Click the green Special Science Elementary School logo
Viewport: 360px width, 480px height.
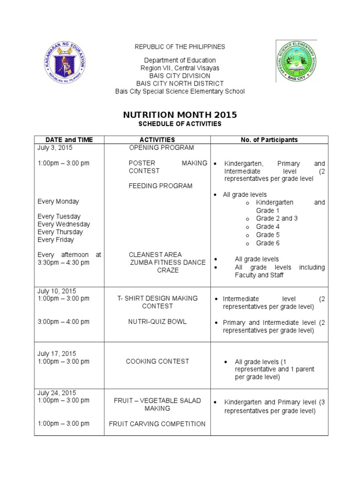pos(295,61)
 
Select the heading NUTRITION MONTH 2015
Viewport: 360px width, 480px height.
pos(180,115)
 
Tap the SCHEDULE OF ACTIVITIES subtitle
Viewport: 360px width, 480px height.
pos(180,124)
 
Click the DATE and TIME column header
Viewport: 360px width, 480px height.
pos(69,140)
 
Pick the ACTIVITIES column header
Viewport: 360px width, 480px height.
pos(157,140)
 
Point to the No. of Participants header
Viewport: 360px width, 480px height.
pos(269,140)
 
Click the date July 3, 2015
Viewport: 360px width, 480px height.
pos(55,148)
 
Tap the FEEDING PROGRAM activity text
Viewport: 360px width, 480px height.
pos(154,186)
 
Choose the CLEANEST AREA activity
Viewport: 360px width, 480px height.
pos(155,255)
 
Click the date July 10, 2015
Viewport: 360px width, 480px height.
pos(57,291)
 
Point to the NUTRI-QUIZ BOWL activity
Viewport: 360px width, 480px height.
pos(157,322)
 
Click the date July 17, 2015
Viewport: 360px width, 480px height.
pos(57,353)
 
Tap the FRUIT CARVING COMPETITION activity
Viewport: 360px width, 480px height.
pos(157,424)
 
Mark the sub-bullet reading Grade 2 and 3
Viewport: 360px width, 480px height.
pos(277,218)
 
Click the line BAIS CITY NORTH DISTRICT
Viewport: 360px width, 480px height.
pos(180,83)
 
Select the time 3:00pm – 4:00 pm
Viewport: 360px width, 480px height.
pos(63,322)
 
